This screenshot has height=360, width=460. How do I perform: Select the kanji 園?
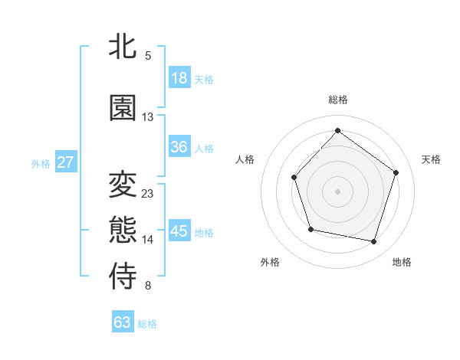[123, 108]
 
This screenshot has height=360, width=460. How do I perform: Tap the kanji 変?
[123, 185]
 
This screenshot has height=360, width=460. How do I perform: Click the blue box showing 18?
[179, 78]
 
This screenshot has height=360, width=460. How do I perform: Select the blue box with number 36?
[179, 147]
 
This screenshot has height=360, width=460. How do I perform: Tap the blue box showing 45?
[179, 231]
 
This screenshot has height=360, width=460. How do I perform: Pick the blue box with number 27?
[66, 162]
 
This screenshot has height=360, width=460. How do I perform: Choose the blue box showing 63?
[123, 322]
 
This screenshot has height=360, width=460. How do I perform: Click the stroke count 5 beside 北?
[148, 55]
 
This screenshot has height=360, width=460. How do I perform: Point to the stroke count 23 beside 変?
[148, 193]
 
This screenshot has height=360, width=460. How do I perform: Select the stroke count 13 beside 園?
[148, 116]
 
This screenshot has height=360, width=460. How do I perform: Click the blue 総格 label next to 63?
[147, 324]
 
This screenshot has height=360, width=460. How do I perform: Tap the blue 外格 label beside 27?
[41, 163]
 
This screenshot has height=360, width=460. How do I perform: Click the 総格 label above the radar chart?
[337, 100]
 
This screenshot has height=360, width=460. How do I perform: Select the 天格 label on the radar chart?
[431, 159]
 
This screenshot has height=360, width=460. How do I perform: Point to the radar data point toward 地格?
[373, 242]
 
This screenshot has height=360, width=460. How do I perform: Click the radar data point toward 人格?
[294, 178]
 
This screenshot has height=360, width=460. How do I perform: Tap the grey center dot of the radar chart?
[337, 191]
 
